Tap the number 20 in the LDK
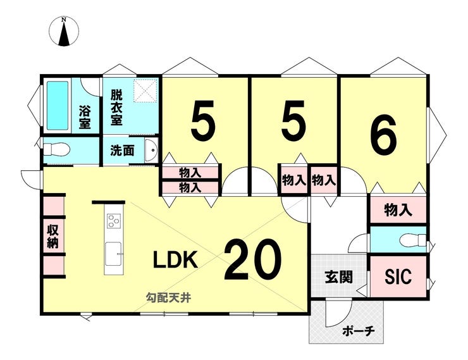point(252,260)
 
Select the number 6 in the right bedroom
point(383,136)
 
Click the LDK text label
point(176,259)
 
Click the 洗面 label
point(122,151)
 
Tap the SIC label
point(398,276)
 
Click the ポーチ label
point(359,330)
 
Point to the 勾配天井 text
point(168,297)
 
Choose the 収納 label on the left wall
point(52,235)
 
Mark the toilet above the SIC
point(413,240)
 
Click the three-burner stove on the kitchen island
point(114,221)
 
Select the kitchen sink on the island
point(114,250)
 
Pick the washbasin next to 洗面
point(151,151)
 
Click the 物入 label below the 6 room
point(398,209)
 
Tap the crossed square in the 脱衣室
point(144,89)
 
